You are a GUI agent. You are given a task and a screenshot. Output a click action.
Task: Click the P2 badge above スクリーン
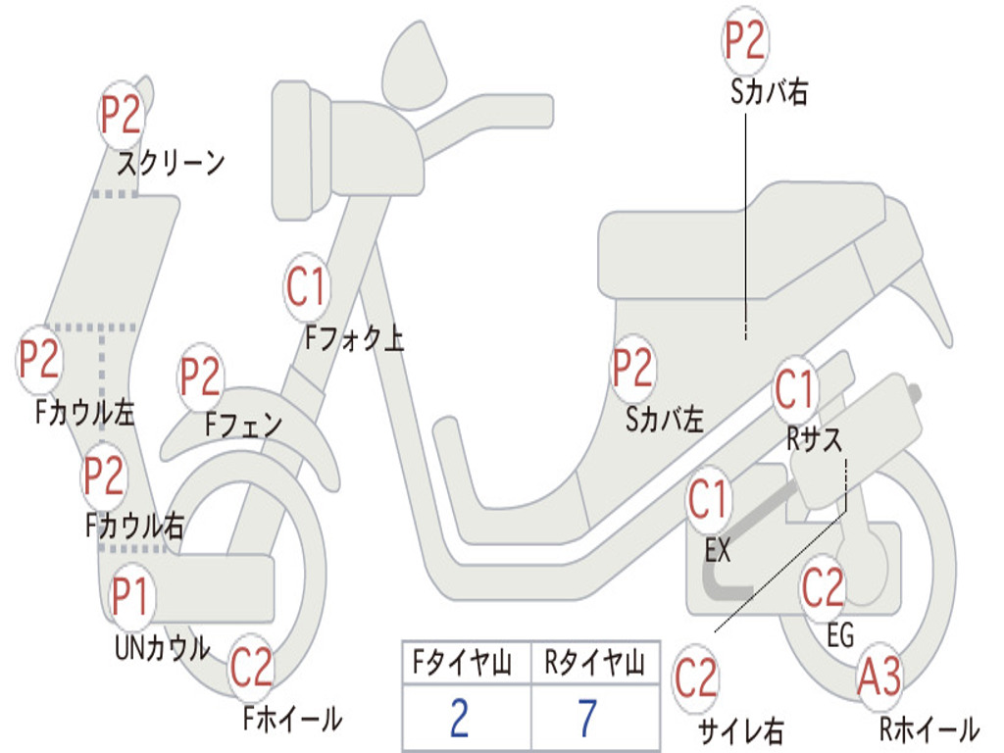click(x=121, y=116)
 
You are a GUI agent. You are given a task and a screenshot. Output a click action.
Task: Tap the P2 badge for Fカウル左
click(x=39, y=359)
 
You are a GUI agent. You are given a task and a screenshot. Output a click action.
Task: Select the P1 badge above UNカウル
click(x=130, y=596)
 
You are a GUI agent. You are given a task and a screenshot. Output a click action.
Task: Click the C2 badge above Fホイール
click(x=251, y=667)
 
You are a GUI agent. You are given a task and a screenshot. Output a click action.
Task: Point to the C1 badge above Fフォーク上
click(x=307, y=287)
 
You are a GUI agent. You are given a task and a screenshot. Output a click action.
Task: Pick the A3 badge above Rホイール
click(x=879, y=678)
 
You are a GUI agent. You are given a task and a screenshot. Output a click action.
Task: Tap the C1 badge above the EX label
click(x=708, y=499)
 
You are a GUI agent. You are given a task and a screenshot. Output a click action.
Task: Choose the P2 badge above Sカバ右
click(x=745, y=40)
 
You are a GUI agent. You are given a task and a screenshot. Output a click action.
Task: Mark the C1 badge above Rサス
click(x=794, y=389)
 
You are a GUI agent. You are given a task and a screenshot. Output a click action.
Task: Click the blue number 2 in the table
click(x=459, y=719)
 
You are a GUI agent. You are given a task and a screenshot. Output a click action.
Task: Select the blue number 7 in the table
click(x=588, y=719)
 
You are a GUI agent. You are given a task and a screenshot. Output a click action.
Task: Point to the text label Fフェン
click(x=244, y=425)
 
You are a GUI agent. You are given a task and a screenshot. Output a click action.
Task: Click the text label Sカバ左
click(x=666, y=420)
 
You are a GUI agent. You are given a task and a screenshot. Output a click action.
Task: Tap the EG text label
click(x=840, y=635)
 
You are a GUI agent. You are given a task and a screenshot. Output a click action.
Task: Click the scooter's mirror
click(x=415, y=67)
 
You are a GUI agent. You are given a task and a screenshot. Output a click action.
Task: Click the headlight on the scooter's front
click(x=302, y=150)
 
